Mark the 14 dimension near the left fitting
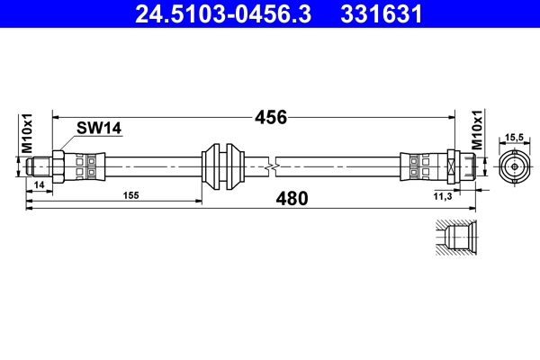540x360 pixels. click(x=38, y=185)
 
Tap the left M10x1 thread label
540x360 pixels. click(x=26, y=133)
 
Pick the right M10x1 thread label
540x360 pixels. click(x=477, y=132)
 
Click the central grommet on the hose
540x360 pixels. click(x=222, y=166)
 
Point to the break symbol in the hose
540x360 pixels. click(x=270, y=166)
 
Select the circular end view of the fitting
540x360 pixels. click(x=514, y=166)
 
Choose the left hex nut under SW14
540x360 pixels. click(x=58, y=166)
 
